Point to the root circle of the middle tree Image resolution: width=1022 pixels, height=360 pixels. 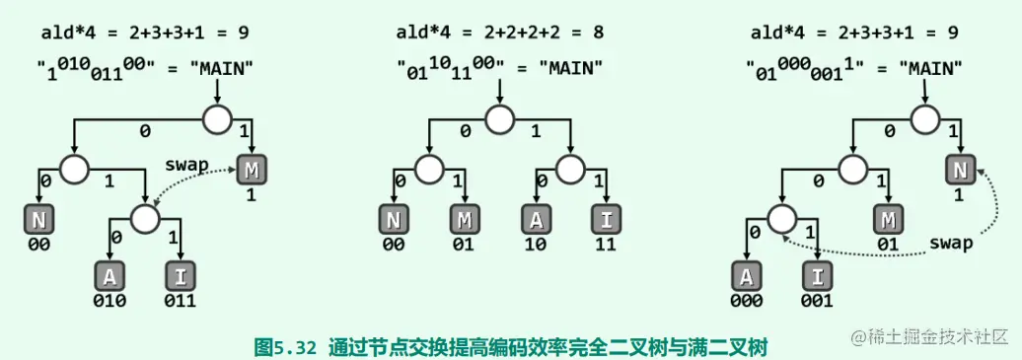coord(500,120)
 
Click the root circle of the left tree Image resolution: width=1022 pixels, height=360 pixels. coord(217,120)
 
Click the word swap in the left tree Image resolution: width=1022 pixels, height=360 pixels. coord(187,165)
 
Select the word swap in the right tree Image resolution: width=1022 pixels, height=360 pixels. coord(951,243)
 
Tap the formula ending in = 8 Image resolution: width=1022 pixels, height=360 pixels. coord(500,33)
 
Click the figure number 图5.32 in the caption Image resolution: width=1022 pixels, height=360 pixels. coord(284,346)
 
